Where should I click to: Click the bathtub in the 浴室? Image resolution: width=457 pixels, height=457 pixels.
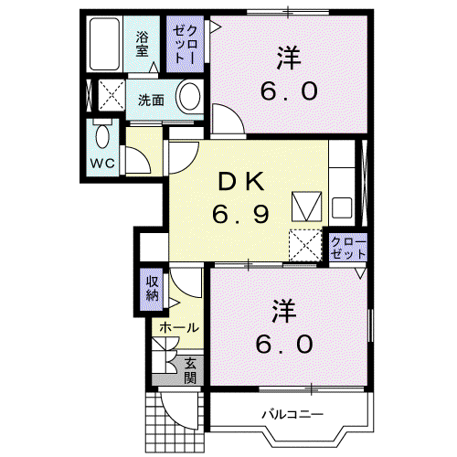104,44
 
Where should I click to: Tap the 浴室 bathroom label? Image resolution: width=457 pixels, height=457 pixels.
142,45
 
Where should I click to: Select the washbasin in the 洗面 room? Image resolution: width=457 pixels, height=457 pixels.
189,97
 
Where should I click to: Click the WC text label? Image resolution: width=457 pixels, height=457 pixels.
102,164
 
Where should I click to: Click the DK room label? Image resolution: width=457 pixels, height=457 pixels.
240,182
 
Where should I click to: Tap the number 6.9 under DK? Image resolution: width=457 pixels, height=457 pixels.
240,213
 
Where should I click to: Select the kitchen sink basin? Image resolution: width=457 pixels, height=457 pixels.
342,207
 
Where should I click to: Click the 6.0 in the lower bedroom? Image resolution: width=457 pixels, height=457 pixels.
284,344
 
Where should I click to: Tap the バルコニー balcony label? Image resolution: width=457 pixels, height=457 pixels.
292,414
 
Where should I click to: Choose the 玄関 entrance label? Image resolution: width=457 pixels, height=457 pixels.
190,370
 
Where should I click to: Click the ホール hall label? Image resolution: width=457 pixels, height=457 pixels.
179,327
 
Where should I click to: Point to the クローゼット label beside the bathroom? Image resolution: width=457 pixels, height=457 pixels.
185,45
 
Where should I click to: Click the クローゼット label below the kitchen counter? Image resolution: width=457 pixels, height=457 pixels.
348,248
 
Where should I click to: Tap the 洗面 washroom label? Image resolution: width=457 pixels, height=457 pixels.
151,100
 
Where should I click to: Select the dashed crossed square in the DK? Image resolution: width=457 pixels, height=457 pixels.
305,245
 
